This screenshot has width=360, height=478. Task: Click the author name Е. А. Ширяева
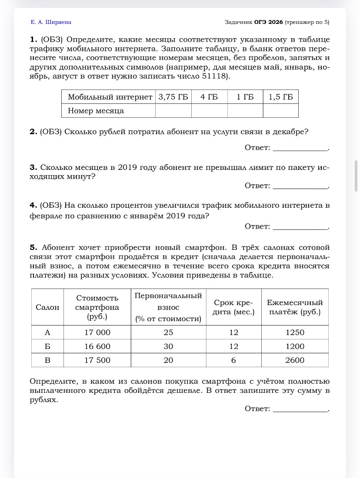pyautogui.click(x=51, y=22)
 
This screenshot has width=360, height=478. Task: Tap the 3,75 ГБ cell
pyautogui.click(x=173, y=97)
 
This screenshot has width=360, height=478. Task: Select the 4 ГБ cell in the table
pyautogui.click(x=209, y=97)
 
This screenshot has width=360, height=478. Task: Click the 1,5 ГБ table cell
pyautogui.click(x=280, y=97)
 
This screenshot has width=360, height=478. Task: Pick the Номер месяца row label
pyautogui.click(x=96, y=111)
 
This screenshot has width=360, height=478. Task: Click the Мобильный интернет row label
pyautogui.click(x=110, y=97)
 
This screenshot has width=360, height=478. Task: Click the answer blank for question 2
pyautogui.click(x=300, y=148)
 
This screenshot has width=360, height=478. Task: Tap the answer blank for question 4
pyautogui.click(x=300, y=226)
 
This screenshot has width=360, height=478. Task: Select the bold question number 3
pyautogui.click(x=33, y=167)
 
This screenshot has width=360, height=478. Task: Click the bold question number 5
pyautogui.click(x=33, y=247)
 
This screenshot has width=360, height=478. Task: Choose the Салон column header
pyautogui.click(x=47, y=307)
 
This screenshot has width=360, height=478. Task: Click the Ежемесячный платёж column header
pyautogui.click(x=294, y=307)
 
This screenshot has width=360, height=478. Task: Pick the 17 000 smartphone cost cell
pyautogui.click(x=97, y=332)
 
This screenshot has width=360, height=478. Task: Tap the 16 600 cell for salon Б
pyautogui.click(x=97, y=346)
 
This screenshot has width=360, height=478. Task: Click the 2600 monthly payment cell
pyautogui.click(x=294, y=360)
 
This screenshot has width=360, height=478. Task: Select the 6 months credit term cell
pyautogui.click(x=233, y=360)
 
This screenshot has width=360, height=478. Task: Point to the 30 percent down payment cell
pyautogui.click(x=168, y=346)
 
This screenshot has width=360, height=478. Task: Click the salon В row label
pyautogui.click(x=47, y=360)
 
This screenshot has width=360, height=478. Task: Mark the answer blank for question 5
pyautogui.click(x=300, y=409)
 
